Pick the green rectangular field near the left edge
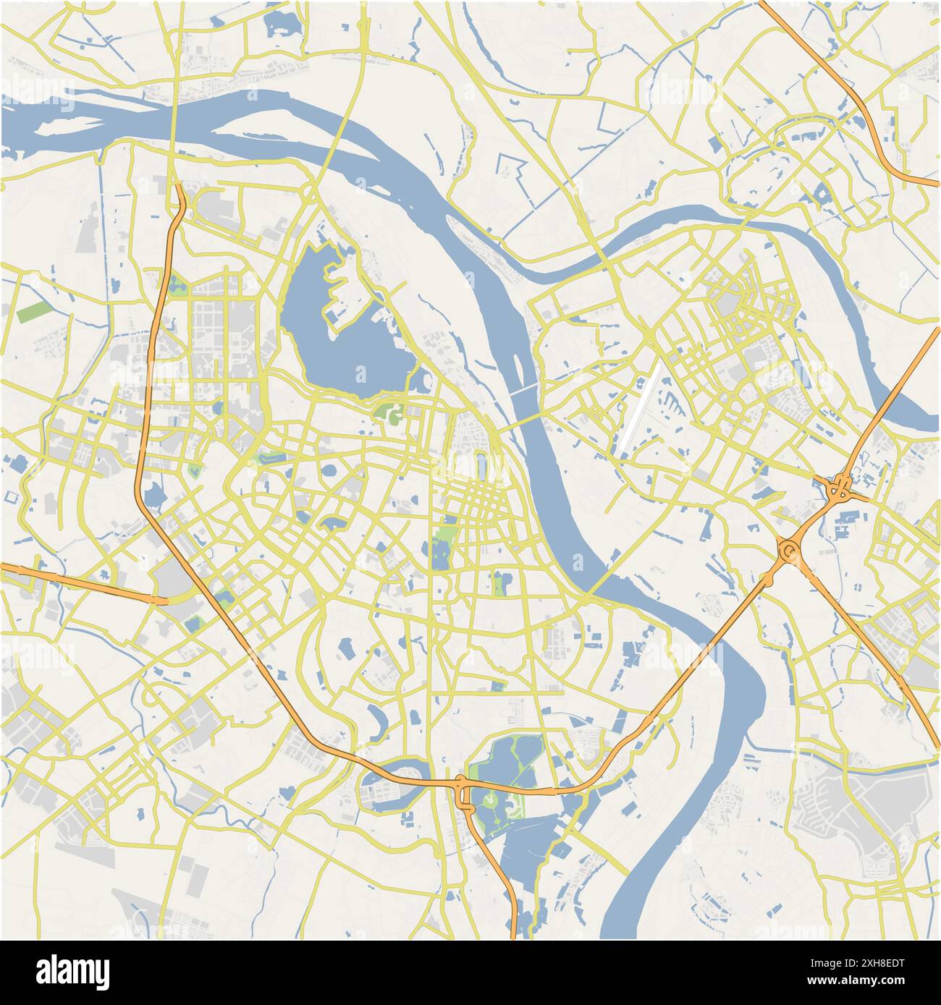[x=33, y=311]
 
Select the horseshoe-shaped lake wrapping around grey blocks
[x=384, y=781]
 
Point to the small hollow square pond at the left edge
[x=11, y=499]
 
